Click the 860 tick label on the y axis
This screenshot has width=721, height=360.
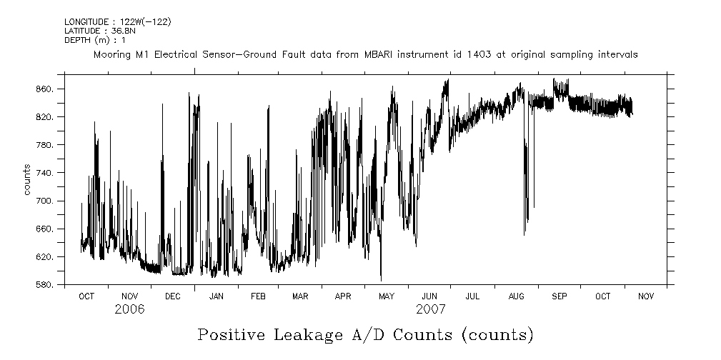coord(46,89)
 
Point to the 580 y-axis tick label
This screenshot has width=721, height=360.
coord(46,285)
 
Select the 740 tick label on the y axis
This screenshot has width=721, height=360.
coord(46,173)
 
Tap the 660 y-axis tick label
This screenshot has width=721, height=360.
coord(46,229)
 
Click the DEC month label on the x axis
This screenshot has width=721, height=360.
coord(172,296)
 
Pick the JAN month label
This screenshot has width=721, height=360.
coord(216,296)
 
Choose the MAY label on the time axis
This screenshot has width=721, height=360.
coord(387,296)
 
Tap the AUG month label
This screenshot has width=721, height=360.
coord(516,296)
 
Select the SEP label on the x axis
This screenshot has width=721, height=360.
coord(559,296)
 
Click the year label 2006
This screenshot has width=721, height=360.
coord(129,309)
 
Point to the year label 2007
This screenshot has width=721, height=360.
coord(430,309)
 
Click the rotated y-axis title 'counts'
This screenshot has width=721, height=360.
coord(27,179)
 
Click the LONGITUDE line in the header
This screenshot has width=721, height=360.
coord(118,22)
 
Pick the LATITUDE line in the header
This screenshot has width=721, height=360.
coord(100,31)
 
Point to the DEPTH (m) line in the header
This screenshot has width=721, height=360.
coord(95,39)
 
